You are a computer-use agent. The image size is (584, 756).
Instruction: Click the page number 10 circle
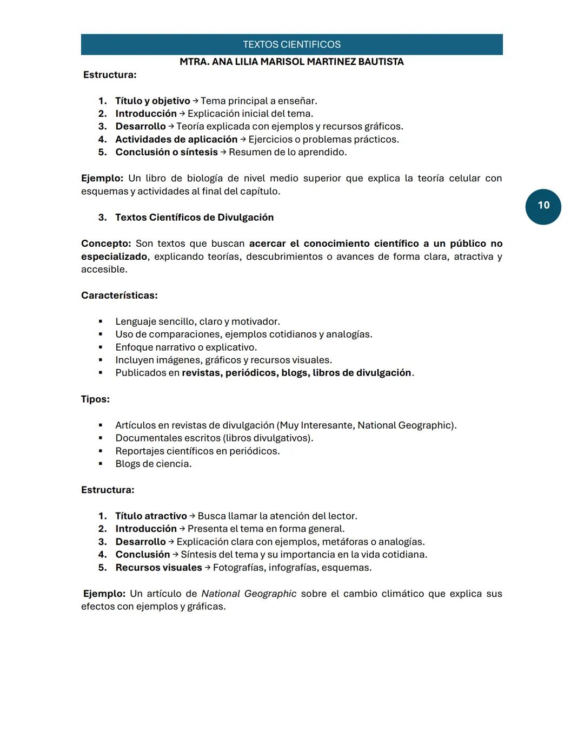(x=543, y=206)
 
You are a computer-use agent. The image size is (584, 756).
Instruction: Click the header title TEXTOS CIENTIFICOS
(x=291, y=44)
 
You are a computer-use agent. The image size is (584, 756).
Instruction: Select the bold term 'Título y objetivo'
(x=152, y=101)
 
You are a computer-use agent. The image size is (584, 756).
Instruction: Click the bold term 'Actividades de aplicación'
(x=176, y=139)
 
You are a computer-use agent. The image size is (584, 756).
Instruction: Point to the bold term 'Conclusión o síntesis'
(x=167, y=152)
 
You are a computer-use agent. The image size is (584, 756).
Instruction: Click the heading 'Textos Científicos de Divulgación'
(x=194, y=217)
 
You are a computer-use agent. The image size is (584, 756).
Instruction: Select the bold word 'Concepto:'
(x=106, y=244)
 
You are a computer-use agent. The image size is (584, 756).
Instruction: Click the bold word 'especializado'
(x=114, y=257)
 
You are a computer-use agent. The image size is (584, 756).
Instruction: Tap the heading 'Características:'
(x=120, y=295)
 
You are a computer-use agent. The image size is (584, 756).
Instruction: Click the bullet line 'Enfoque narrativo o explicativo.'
(x=186, y=347)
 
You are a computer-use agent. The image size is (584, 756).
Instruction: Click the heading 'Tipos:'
(x=95, y=399)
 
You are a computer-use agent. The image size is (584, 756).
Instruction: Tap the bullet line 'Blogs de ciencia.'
(x=153, y=464)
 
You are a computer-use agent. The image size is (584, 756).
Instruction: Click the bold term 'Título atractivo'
(x=151, y=516)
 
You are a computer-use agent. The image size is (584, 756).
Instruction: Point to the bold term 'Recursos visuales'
(x=158, y=568)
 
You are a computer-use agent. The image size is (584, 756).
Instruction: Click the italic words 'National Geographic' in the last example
(x=249, y=594)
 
